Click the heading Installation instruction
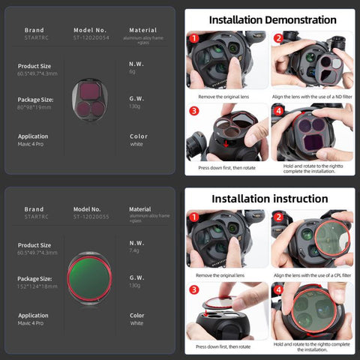(268, 199)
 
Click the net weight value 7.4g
(135, 252)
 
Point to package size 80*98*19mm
(34, 106)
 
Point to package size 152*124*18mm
(37, 286)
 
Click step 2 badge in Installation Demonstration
(277, 37)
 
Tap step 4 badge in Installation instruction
(277, 289)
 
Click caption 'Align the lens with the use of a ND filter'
(313, 97)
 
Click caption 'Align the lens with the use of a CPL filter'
(313, 275)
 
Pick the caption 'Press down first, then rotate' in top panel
(227, 169)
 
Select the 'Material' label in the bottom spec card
(140, 209)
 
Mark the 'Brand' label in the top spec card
(34, 31)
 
